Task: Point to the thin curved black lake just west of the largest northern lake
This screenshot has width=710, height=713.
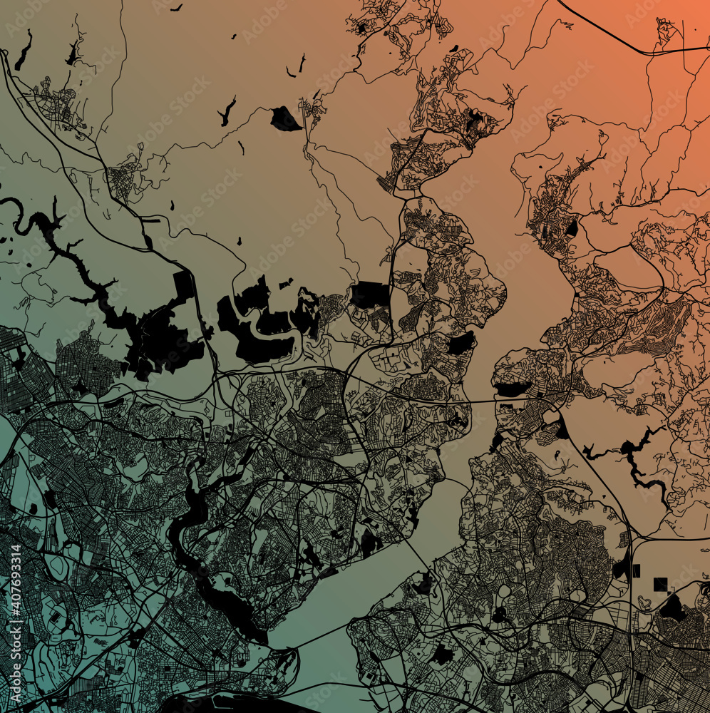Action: click(227, 111)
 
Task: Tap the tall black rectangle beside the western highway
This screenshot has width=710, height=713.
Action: click(184, 285)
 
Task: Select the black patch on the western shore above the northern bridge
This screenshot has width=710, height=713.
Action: click(461, 344)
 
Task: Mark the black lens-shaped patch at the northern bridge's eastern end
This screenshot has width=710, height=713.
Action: click(512, 389)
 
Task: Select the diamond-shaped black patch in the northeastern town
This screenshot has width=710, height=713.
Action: click(572, 228)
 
